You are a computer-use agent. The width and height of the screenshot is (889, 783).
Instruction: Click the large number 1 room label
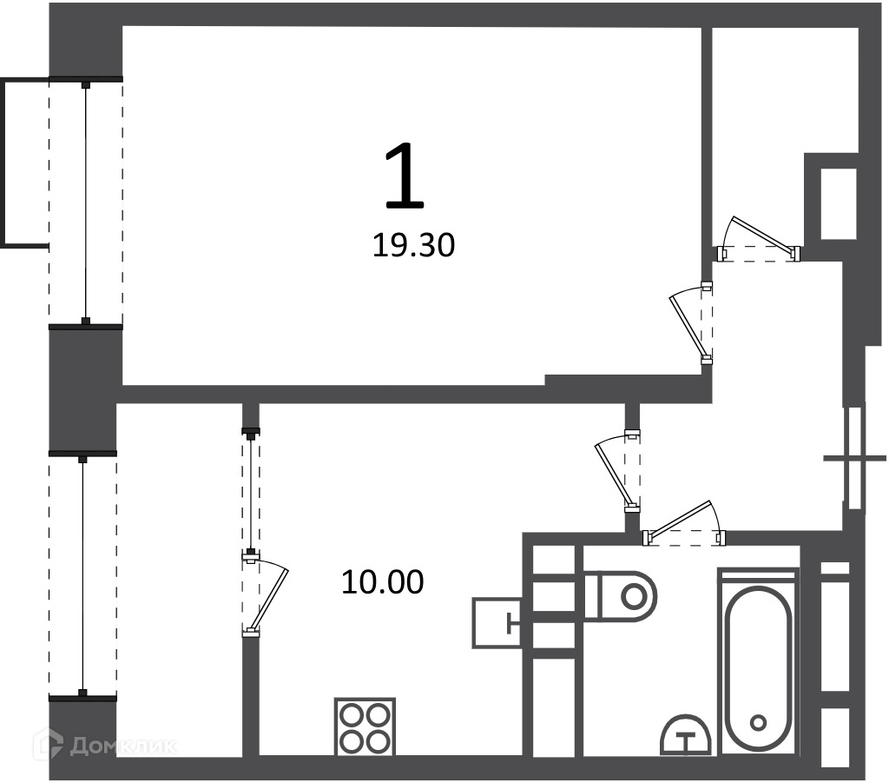pos(405,176)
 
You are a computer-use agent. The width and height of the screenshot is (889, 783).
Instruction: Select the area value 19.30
pos(413,246)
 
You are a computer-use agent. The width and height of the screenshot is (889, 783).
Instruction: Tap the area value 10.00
pos(383,582)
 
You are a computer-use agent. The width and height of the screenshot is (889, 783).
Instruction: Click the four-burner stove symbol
pos(365,727)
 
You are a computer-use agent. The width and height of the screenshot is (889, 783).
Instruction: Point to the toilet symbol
pos(620,596)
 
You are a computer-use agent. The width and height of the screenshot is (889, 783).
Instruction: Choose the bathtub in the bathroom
pos(757,661)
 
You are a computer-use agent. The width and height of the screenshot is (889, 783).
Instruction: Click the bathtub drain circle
pos(757,722)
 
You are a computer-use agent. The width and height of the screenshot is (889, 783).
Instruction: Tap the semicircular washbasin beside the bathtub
pos(686,735)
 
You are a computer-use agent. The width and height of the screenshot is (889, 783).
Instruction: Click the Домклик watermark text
pos(122,747)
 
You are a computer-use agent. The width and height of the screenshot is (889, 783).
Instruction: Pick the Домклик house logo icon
pos(48,745)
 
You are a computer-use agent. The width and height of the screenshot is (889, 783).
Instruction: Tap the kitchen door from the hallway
pos(618,472)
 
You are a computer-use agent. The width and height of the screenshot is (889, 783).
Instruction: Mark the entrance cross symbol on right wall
pos(855,458)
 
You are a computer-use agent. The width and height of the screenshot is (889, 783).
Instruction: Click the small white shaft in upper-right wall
pos(839,203)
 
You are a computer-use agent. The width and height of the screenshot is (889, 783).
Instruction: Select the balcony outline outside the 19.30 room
pos(25,163)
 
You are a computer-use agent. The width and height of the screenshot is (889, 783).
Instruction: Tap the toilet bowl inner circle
pos(633,596)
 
